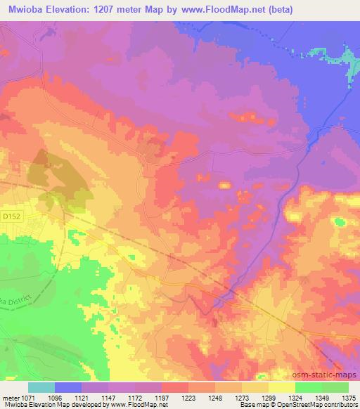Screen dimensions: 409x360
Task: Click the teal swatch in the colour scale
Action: (x=41, y=387)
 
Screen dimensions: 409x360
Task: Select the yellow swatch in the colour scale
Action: (x=282, y=387)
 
